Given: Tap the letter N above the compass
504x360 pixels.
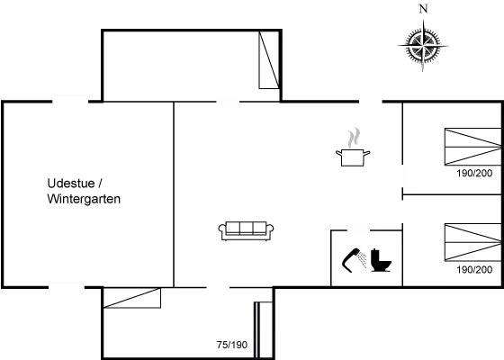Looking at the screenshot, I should pyautogui.click(x=423, y=9).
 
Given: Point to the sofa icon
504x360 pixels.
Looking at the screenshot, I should pyautogui.click(x=246, y=230).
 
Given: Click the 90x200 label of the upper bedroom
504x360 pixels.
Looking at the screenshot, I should pyautogui.click(x=476, y=175).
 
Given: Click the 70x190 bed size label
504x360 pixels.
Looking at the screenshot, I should pyautogui.click(x=232, y=344).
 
